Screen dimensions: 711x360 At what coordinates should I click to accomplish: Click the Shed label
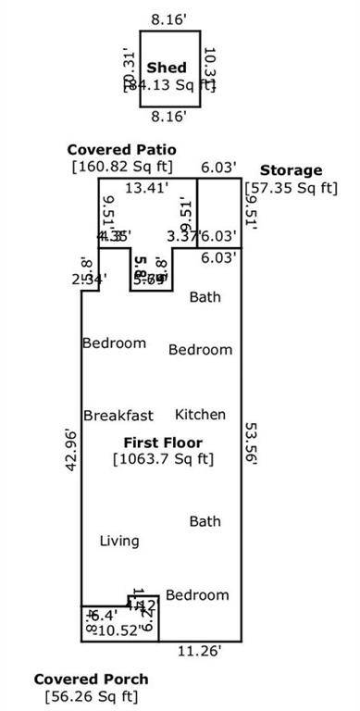click(x=168, y=68)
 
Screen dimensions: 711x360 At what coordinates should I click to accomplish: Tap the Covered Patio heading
click(x=121, y=150)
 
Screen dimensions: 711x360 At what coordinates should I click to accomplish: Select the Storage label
click(x=291, y=170)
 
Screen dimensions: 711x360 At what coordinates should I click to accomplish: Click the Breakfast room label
click(x=118, y=416)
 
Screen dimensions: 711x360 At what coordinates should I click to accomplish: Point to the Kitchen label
click(x=201, y=415)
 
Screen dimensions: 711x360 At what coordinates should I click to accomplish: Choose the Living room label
click(x=119, y=541)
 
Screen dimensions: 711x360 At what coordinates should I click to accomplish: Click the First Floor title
click(x=164, y=443)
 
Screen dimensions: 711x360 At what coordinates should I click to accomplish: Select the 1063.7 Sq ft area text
click(x=164, y=458)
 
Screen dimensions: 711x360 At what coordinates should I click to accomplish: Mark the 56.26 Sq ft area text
click(x=90, y=696)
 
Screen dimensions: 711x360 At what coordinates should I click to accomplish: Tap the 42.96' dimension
click(x=70, y=450)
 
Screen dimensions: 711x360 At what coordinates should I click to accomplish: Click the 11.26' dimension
click(x=199, y=651)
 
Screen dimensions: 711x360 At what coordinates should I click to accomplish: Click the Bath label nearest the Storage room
click(x=205, y=297)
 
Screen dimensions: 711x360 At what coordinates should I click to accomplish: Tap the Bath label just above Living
click(x=205, y=522)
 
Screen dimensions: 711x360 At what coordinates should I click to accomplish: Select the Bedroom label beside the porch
click(x=197, y=594)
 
